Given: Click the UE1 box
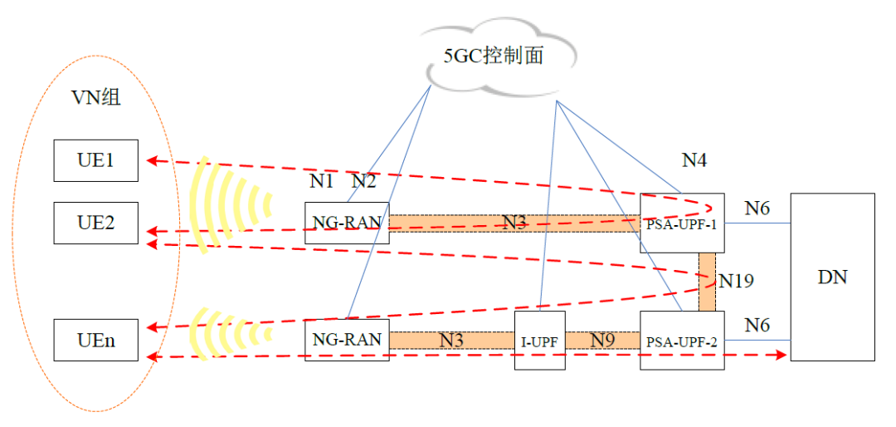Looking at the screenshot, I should pos(95,160).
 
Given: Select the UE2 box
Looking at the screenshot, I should pos(95,223).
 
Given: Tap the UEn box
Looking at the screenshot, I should pos(95,340).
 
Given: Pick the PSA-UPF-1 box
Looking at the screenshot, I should pos(682,223).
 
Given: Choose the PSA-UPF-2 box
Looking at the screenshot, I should pos(682,340).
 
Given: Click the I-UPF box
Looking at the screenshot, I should pos(540,340).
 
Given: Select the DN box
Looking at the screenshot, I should pos(832,277).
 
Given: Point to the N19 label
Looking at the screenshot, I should pos(737,281).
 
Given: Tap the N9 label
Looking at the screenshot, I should pos(602,340).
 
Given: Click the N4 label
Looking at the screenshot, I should pos(694,160).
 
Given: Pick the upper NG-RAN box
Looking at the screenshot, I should pos(347,223).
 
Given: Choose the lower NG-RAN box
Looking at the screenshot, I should pos(347,340).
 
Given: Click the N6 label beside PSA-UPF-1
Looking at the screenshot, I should pos(757,209).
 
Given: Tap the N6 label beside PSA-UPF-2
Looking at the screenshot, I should pos(757,325).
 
